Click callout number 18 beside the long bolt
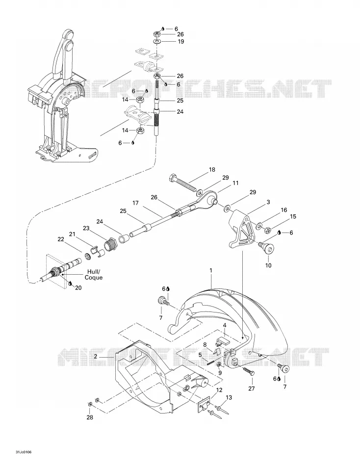point(212,170)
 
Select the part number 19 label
point(181,42)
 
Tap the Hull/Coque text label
point(93,274)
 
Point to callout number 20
point(78,287)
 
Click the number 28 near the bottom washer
point(90,417)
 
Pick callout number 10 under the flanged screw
point(268,265)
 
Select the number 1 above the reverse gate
point(211,270)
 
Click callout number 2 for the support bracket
point(96,356)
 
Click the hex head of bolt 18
point(173,179)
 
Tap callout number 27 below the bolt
point(252,388)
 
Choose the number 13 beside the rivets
point(229,397)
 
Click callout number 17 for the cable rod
point(135,203)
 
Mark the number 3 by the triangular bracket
point(268,202)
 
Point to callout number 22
point(61,239)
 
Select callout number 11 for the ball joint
point(235,183)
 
